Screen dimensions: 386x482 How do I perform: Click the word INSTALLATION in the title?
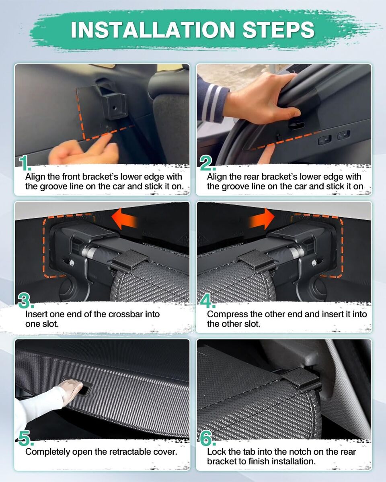coord(152,30)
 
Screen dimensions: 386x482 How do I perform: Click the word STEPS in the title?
coord(279,30)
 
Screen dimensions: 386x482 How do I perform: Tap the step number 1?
coord(24,163)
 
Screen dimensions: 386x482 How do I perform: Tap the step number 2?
coord(207,163)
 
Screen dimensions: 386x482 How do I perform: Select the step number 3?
coord(26,300)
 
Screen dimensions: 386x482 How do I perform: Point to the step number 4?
coord(208,300)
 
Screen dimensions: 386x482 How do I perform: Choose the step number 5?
coord(26,438)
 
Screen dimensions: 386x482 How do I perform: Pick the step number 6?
coord(208,438)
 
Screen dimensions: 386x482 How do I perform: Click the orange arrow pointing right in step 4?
coord(262,219)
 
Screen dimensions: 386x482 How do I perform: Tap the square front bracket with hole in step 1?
coord(114,106)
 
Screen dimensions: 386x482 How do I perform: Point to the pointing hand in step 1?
coord(84,149)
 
